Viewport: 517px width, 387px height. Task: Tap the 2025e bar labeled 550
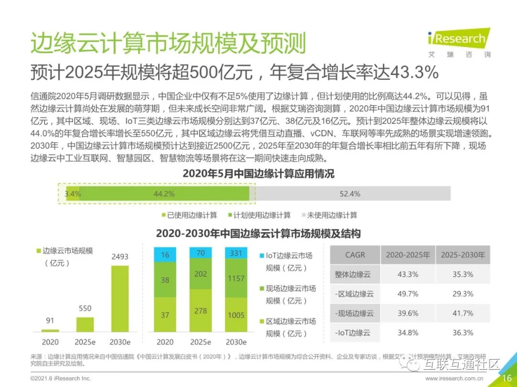click(85, 324)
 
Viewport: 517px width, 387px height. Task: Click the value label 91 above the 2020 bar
click(50, 321)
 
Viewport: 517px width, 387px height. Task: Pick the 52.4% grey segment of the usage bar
click(350, 193)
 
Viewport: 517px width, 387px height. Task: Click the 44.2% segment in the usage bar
click(164, 193)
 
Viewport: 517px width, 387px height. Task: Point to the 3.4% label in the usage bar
click(72, 193)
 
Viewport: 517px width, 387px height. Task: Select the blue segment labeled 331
click(236, 253)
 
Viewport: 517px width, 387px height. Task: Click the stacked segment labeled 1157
click(236, 279)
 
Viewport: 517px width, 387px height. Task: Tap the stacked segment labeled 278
click(201, 311)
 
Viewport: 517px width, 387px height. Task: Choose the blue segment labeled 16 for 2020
click(165, 255)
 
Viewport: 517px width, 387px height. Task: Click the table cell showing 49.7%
click(407, 294)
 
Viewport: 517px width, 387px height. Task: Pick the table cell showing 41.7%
click(462, 313)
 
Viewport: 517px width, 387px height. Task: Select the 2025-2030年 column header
click(462, 255)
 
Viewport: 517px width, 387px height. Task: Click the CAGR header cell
click(355, 255)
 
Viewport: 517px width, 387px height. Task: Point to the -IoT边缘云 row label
click(355, 333)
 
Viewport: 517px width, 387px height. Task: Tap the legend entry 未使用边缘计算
click(331, 215)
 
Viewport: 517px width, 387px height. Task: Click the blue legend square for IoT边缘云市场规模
click(260, 256)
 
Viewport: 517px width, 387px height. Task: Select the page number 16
click(506, 378)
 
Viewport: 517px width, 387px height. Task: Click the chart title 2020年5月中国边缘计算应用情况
click(258, 174)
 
